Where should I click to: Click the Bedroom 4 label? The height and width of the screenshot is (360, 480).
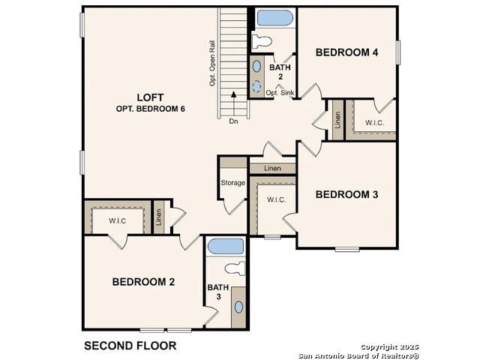pyautogui.click(x=346, y=52)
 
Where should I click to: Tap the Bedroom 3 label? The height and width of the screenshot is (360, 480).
pyautogui.click(x=346, y=194)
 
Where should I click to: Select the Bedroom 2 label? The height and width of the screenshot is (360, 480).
pyautogui.click(x=143, y=282)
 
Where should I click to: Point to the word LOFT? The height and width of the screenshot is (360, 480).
pyautogui.click(x=150, y=97)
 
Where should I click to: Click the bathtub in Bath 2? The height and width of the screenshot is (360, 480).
pyautogui.click(x=275, y=18)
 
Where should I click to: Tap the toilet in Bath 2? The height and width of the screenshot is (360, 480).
pyautogui.click(x=262, y=41)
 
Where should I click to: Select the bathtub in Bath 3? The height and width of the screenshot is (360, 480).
pyautogui.click(x=226, y=247)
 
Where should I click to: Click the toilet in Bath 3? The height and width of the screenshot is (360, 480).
pyautogui.click(x=235, y=268)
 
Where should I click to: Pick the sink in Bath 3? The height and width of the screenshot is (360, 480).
pyautogui.click(x=238, y=307)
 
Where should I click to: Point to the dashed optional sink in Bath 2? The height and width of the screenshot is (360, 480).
pyautogui.click(x=256, y=86)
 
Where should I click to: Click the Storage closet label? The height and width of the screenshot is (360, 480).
pyautogui.click(x=233, y=183)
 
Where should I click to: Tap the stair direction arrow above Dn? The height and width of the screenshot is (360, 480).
pyautogui.click(x=233, y=103)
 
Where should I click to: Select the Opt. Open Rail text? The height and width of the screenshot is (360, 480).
pyautogui.click(x=212, y=63)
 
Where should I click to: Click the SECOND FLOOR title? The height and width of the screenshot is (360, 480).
pyautogui.click(x=130, y=346)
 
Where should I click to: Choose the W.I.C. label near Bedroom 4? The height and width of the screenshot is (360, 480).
pyautogui.click(x=374, y=123)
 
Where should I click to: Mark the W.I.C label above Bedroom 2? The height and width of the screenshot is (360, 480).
pyautogui.click(x=117, y=220)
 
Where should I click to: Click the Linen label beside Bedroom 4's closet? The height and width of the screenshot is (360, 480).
pyautogui.click(x=337, y=120)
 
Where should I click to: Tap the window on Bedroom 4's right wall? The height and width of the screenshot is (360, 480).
pyautogui.click(x=398, y=52)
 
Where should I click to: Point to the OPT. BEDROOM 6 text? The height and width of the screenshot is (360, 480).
pyautogui.click(x=150, y=109)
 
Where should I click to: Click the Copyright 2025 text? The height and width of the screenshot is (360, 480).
pyautogui.click(x=389, y=346)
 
